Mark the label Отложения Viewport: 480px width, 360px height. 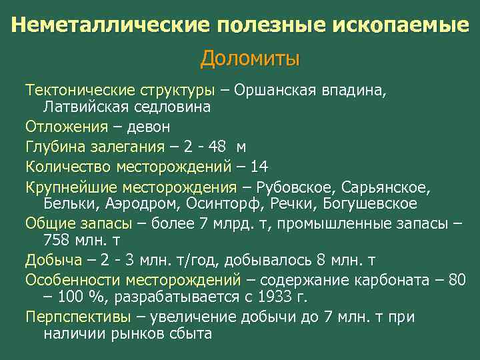pos(66,127)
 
